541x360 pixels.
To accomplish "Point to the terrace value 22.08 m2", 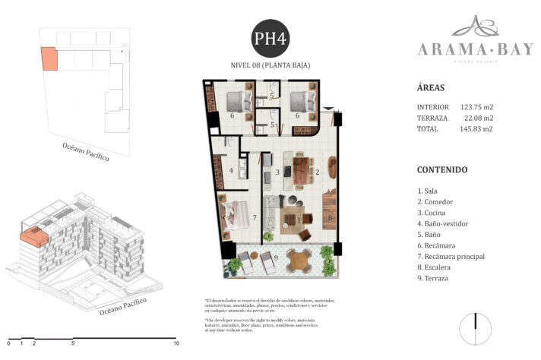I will pyautogui.click(x=479, y=118).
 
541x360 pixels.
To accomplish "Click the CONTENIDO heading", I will pyautogui.click(x=442, y=170).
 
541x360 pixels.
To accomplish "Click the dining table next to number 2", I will pyautogui.click(x=302, y=169).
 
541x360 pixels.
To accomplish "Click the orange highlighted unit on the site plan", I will pyautogui.click(x=49, y=58).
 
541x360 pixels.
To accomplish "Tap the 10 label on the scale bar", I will pyautogui.click(x=176, y=343).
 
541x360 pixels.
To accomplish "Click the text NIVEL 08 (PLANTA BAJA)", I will pyautogui.click(x=270, y=65).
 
